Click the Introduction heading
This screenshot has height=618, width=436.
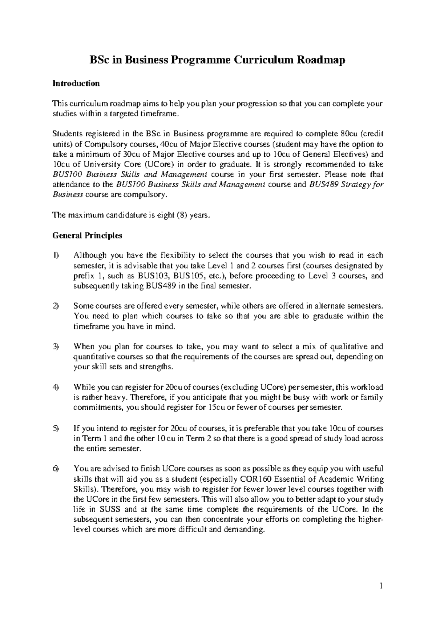click(76, 84)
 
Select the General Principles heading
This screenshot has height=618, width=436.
click(87, 236)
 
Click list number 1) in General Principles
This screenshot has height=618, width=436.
click(56, 256)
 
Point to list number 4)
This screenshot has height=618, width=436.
click(56, 388)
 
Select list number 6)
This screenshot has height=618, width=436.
click(56, 469)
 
